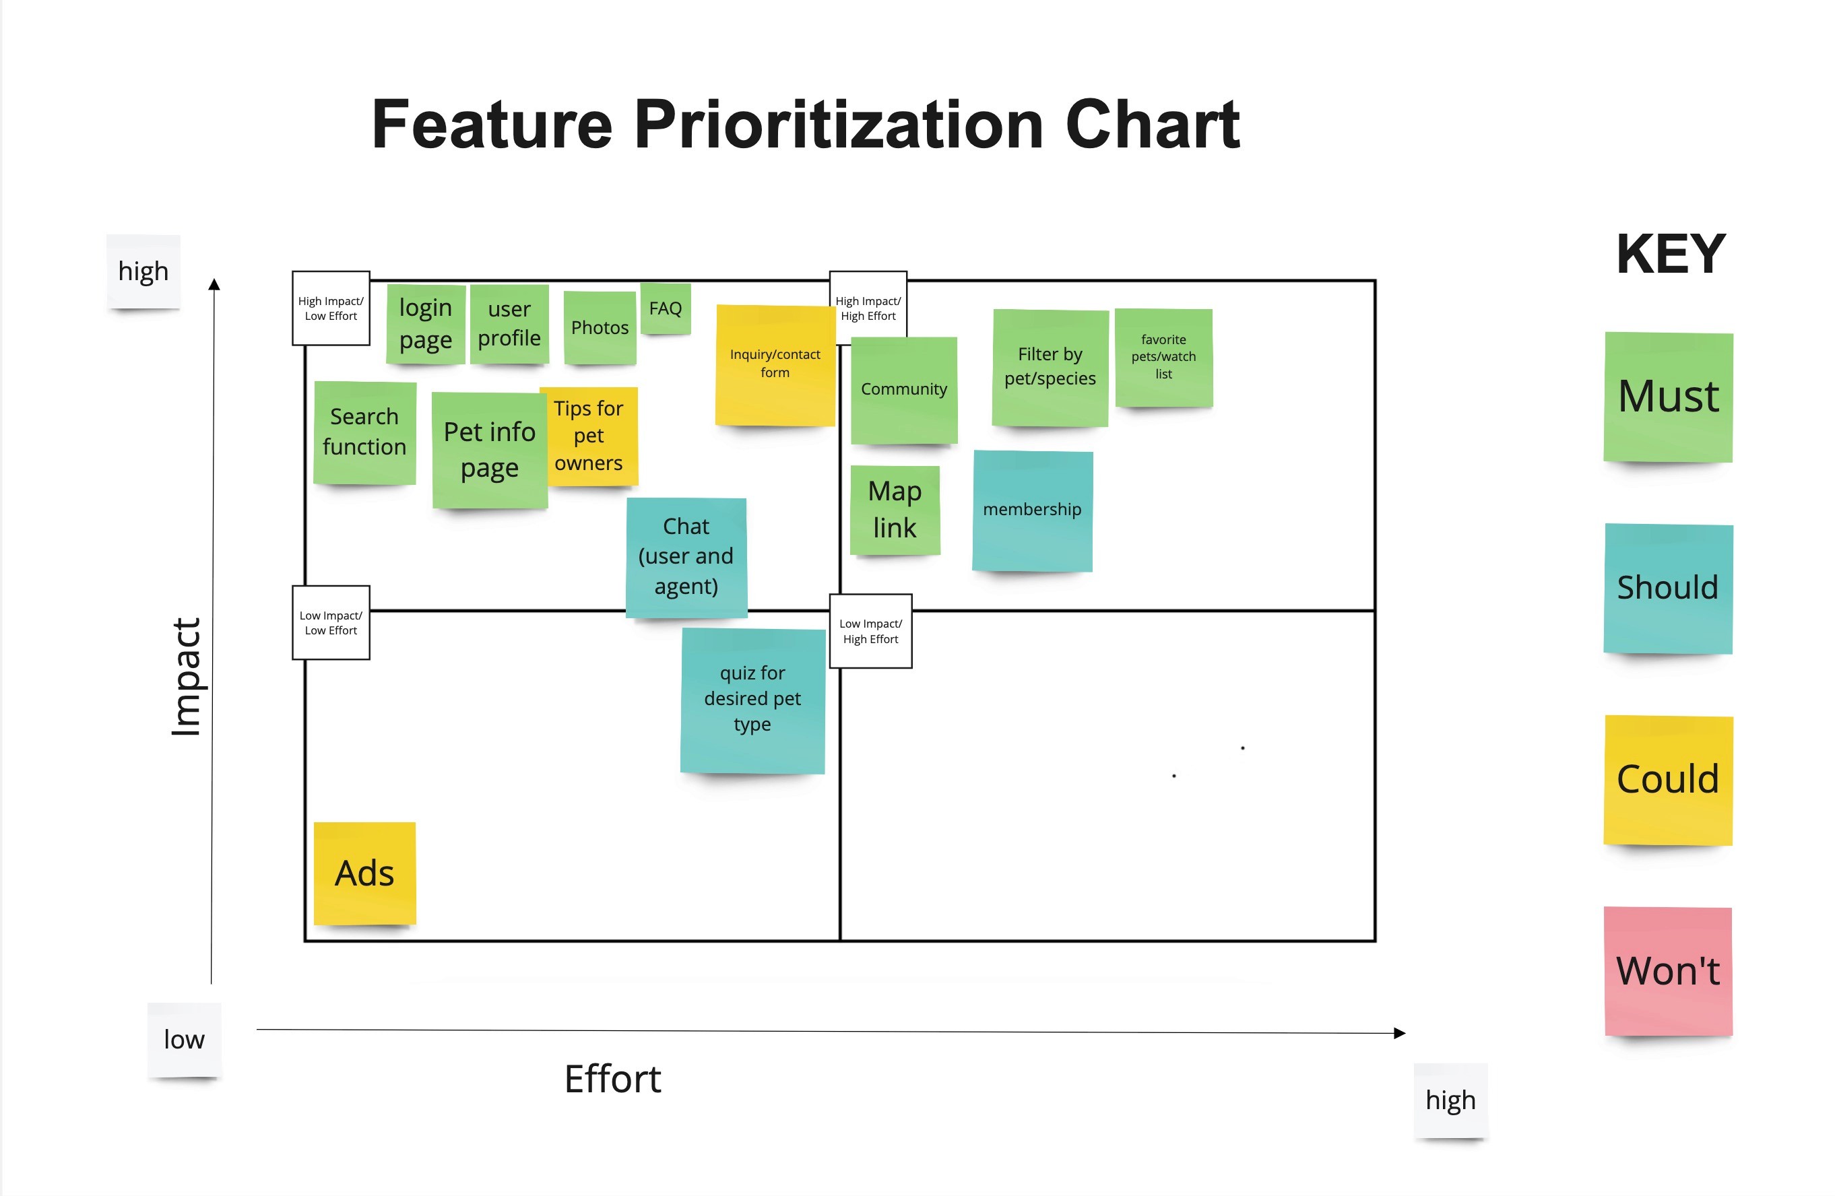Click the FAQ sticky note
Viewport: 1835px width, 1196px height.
666,308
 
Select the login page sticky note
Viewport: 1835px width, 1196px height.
426,324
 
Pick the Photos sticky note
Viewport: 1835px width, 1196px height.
600,327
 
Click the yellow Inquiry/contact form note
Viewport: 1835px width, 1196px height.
775,364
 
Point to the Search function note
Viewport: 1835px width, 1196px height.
364,432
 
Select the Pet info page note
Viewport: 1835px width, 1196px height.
490,450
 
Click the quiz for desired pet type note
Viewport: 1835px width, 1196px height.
752,699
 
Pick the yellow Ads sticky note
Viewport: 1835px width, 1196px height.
364,873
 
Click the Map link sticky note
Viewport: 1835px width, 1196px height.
895,509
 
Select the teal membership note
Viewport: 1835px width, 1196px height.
1033,510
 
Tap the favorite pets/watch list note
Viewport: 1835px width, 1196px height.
1163,357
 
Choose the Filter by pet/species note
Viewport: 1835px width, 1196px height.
1050,367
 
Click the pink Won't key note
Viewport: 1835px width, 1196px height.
1668,971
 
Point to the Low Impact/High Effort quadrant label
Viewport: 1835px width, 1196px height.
870,631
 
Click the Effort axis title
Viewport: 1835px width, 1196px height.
612,1079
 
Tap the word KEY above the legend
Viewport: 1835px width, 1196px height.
1671,255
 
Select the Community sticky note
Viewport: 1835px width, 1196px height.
903,389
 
